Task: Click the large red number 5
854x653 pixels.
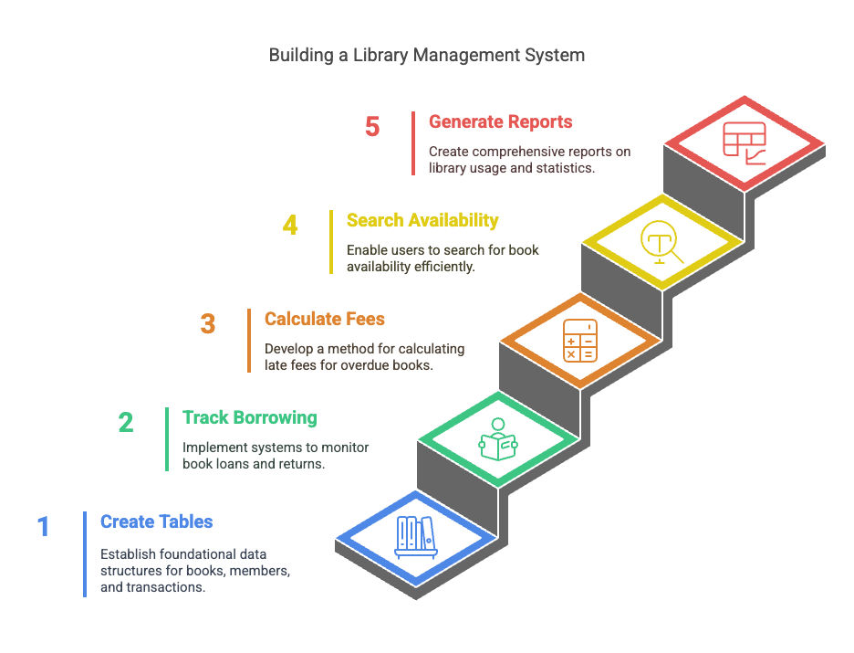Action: pos(372,127)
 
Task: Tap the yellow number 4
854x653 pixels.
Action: pos(290,225)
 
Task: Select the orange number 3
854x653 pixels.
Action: pos(207,324)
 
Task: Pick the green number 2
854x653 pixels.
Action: pos(126,423)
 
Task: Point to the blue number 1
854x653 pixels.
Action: pos(44,527)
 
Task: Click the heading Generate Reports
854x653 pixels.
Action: pos(501,121)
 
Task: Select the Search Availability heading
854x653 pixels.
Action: pos(422,220)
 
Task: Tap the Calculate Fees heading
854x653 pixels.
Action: pos(325,319)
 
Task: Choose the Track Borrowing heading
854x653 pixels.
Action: pos(250,417)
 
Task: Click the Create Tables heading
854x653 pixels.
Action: pos(156,521)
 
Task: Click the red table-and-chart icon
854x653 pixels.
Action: pos(745,143)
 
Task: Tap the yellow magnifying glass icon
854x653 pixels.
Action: pos(661,242)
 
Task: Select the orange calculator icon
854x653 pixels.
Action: pos(580,341)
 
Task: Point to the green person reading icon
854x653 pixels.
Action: pos(498,439)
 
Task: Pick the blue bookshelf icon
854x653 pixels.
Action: pos(416,537)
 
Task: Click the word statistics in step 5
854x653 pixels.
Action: pos(565,168)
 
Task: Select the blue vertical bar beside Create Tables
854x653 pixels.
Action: pos(85,554)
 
